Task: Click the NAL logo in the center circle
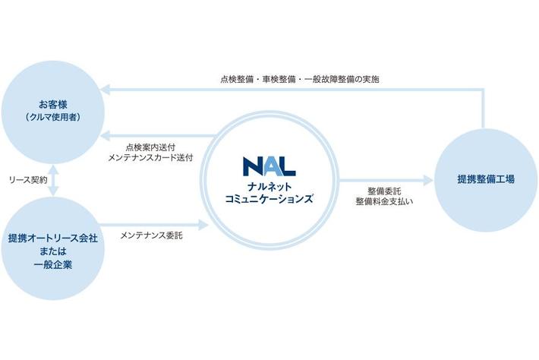click(x=269, y=166)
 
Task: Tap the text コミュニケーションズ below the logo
click(x=269, y=198)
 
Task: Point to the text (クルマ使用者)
click(x=53, y=118)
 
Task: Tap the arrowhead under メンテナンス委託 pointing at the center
click(x=203, y=225)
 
